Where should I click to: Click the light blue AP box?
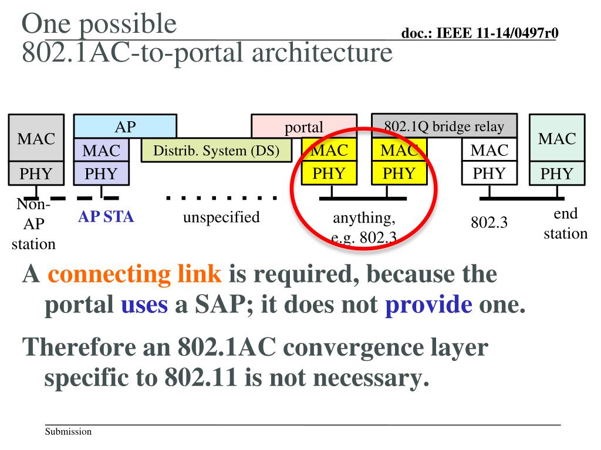[x=124, y=127]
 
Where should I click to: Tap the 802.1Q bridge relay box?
[x=444, y=126]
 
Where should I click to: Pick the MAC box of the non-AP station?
[x=36, y=139]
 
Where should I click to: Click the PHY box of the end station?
[x=556, y=173]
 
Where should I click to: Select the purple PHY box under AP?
[x=101, y=173]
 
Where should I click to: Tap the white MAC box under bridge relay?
[x=489, y=151]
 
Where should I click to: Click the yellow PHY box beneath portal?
[x=329, y=173]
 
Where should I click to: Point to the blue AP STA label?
[x=106, y=217]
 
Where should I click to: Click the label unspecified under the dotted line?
[x=221, y=218]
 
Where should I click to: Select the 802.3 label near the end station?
[x=489, y=223]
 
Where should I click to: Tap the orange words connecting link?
[x=134, y=274]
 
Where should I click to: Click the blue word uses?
[x=144, y=305]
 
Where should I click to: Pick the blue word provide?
[x=428, y=305]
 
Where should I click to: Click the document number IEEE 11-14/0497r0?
[x=480, y=33]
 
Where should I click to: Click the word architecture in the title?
[x=322, y=52]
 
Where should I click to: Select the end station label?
[x=565, y=223]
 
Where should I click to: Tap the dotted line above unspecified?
[x=221, y=198]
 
